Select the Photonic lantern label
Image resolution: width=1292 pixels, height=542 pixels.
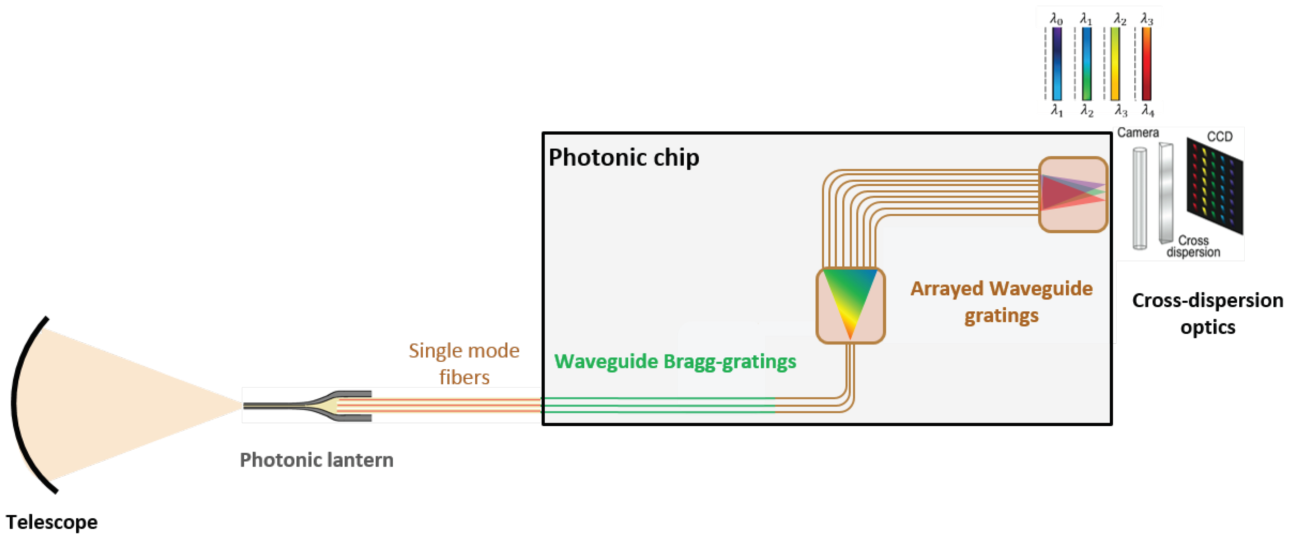tap(317, 460)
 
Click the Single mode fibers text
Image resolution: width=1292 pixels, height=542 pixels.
tap(464, 363)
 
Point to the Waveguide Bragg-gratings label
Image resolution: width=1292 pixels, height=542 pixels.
tap(675, 361)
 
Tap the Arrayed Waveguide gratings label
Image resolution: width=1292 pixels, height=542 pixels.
tap(1002, 302)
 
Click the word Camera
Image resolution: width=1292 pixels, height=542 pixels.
tap(1138, 133)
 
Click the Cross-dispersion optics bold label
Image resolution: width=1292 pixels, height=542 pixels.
tap(1207, 314)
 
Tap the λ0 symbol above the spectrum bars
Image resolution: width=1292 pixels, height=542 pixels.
tap(1056, 19)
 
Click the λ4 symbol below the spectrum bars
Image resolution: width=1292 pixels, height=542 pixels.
tap(1148, 110)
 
